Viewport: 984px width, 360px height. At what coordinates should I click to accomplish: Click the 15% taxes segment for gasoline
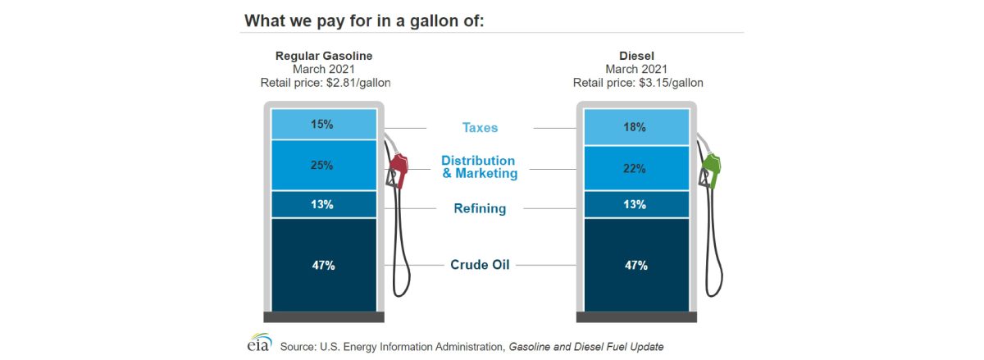point(322,125)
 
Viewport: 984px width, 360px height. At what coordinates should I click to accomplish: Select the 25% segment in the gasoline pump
point(322,165)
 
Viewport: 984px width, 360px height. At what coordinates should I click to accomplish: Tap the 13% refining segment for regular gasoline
point(322,204)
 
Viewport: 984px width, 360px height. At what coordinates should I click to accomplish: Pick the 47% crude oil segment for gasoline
point(322,265)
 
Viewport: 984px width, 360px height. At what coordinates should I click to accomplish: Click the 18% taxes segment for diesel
point(635,128)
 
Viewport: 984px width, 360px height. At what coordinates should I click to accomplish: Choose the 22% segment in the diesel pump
point(635,168)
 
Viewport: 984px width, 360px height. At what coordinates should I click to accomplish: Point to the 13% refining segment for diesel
point(635,204)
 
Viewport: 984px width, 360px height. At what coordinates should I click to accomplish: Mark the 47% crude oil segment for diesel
point(635,265)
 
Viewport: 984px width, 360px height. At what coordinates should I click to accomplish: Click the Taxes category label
point(480,128)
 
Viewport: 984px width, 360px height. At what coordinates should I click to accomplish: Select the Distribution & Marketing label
point(480,167)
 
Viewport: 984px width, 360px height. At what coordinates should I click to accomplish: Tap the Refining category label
point(480,208)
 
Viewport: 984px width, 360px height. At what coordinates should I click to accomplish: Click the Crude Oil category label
point(480,265)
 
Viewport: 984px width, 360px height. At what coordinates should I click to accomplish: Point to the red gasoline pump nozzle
point(399,168)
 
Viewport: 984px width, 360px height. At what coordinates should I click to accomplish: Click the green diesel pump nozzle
point(712,168)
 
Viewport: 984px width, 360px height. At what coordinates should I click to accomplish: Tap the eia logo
point(259,343)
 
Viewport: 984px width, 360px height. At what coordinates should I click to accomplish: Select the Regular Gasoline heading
point(323,56)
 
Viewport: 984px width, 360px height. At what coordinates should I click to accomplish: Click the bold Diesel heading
point(635,56)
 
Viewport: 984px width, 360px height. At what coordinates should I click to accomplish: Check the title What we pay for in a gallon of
point(364,19)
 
